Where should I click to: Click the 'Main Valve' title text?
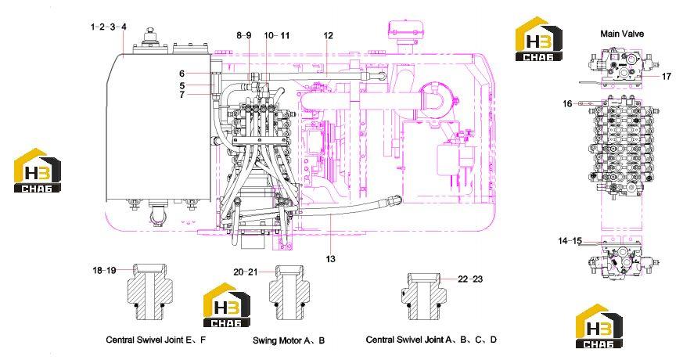click(621, 34)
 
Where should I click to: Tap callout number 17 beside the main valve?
click(667, 76)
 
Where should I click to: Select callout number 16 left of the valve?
click(567, 104)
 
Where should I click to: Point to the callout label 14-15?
click(570, 240)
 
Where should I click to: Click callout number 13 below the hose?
click(331, 259)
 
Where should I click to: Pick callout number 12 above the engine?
click(328, 35)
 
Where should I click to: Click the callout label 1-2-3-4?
click(109, 27)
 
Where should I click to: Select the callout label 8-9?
click(244, 35)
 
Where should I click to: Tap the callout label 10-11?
click(277, 35)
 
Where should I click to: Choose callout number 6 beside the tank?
click(182, 74)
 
